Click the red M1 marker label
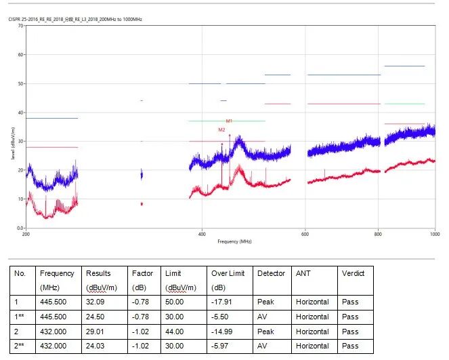pos(229,121)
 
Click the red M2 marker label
pos(221,129)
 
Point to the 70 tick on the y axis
pos(20,26)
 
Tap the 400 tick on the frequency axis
pos(201,234)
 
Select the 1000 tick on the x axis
pos(434,234)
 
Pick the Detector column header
pos(271,273)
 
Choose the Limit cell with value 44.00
pos(173,332)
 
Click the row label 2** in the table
pos(21,346)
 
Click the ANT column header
pos(302,273)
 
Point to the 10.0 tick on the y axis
pos(19,199)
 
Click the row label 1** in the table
pos(21,317)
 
